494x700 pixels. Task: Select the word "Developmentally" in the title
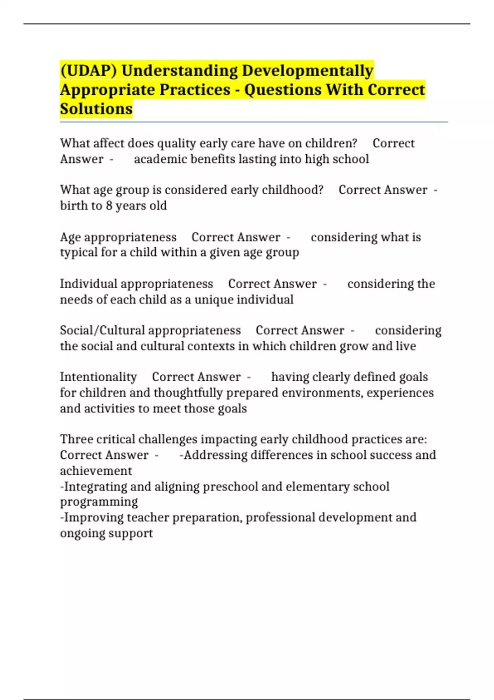[x=308, y=70]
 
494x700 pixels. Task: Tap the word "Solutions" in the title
[x=96, y=109]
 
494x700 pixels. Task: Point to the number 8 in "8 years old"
[x=109, y=205]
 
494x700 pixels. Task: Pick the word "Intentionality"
[x=98, y=377]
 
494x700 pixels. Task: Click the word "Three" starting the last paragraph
[x=76, y=439]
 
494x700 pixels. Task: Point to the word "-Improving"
[x=91, y=518]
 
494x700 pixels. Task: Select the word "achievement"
[x=96, y=471]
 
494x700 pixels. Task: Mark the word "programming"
[x=99, y=502]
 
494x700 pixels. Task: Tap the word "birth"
[x=72, y=205]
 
